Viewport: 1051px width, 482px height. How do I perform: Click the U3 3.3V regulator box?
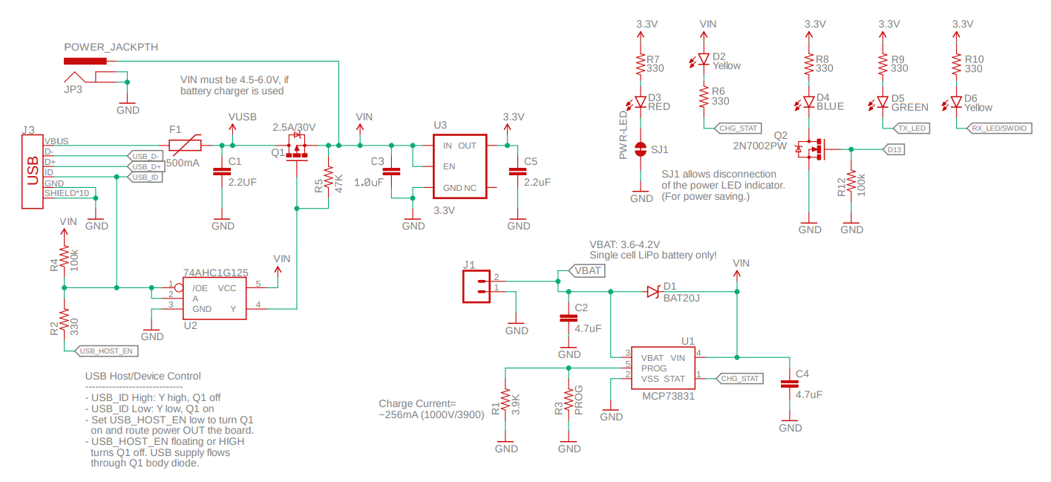click(x=459, y=166)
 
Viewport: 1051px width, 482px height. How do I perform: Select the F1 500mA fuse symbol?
click(x=185, y=145)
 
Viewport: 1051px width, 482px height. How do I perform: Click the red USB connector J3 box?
click(x=32, y=171)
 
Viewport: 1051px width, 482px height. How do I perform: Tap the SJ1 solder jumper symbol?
click(x=641, y=149)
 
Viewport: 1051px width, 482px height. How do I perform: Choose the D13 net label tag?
click(x=894, y=149)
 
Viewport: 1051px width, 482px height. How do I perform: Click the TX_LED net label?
click(x=911, y=128)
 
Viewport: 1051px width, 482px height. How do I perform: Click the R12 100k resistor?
click(x=851, y=183)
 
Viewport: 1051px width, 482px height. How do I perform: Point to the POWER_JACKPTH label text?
click(x=111, y=47)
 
